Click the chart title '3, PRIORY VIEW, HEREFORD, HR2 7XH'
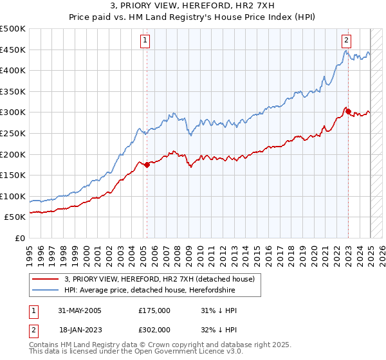coord(193,6)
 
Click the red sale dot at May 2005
coord(147,165)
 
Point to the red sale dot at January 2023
coord(348,111)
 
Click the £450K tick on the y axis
coord(13,50)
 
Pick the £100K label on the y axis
coord(13,196)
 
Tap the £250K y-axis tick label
coord(13,134)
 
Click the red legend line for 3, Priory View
coord(46,279)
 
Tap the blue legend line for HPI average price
coord(46,290)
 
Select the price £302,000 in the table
coord(154,329)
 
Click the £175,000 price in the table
coord(154,310)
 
